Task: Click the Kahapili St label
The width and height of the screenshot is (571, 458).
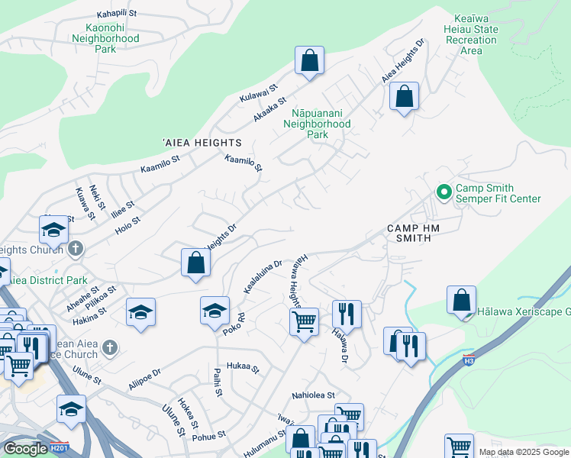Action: (x=125, y=15)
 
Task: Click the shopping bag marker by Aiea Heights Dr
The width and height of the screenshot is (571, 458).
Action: (x=404, y=97)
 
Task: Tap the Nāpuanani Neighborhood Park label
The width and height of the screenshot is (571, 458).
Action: (x=317, y=124)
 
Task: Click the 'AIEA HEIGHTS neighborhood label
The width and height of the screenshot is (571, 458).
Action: (x=202, y=143)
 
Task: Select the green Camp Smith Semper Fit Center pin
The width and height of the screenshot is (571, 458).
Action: (x=443, y=192)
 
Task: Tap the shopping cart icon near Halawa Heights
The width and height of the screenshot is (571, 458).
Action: (x=304, y=322)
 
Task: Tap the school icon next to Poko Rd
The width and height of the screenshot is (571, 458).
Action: (x=215, y=311)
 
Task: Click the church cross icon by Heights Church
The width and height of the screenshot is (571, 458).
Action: (x=76, y=249)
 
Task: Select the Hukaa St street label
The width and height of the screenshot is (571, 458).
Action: (x=245, y=368)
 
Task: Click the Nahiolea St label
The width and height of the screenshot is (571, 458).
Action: (x=314, y=395)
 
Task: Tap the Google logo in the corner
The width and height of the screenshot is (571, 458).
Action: (x=25, y=448)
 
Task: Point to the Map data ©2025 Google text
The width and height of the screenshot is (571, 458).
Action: (x=523, y=452)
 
